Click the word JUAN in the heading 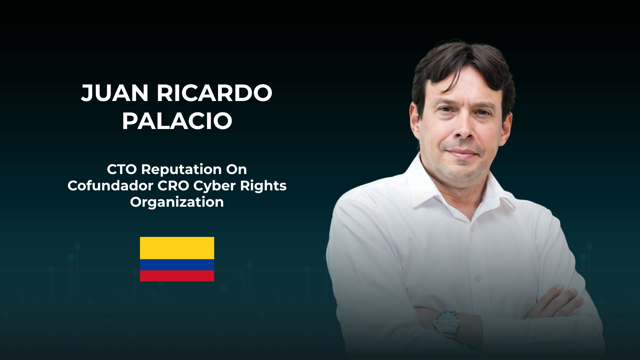(115, 93)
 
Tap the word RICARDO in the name (215, 93)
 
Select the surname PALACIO (177, 121)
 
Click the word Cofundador (110, 186)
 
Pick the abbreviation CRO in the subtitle (173, 186)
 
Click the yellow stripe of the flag (177, 248)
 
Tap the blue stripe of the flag (177, 265)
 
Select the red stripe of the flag (177, 276)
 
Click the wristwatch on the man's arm (446, 322)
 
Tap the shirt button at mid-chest (479, 277)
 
